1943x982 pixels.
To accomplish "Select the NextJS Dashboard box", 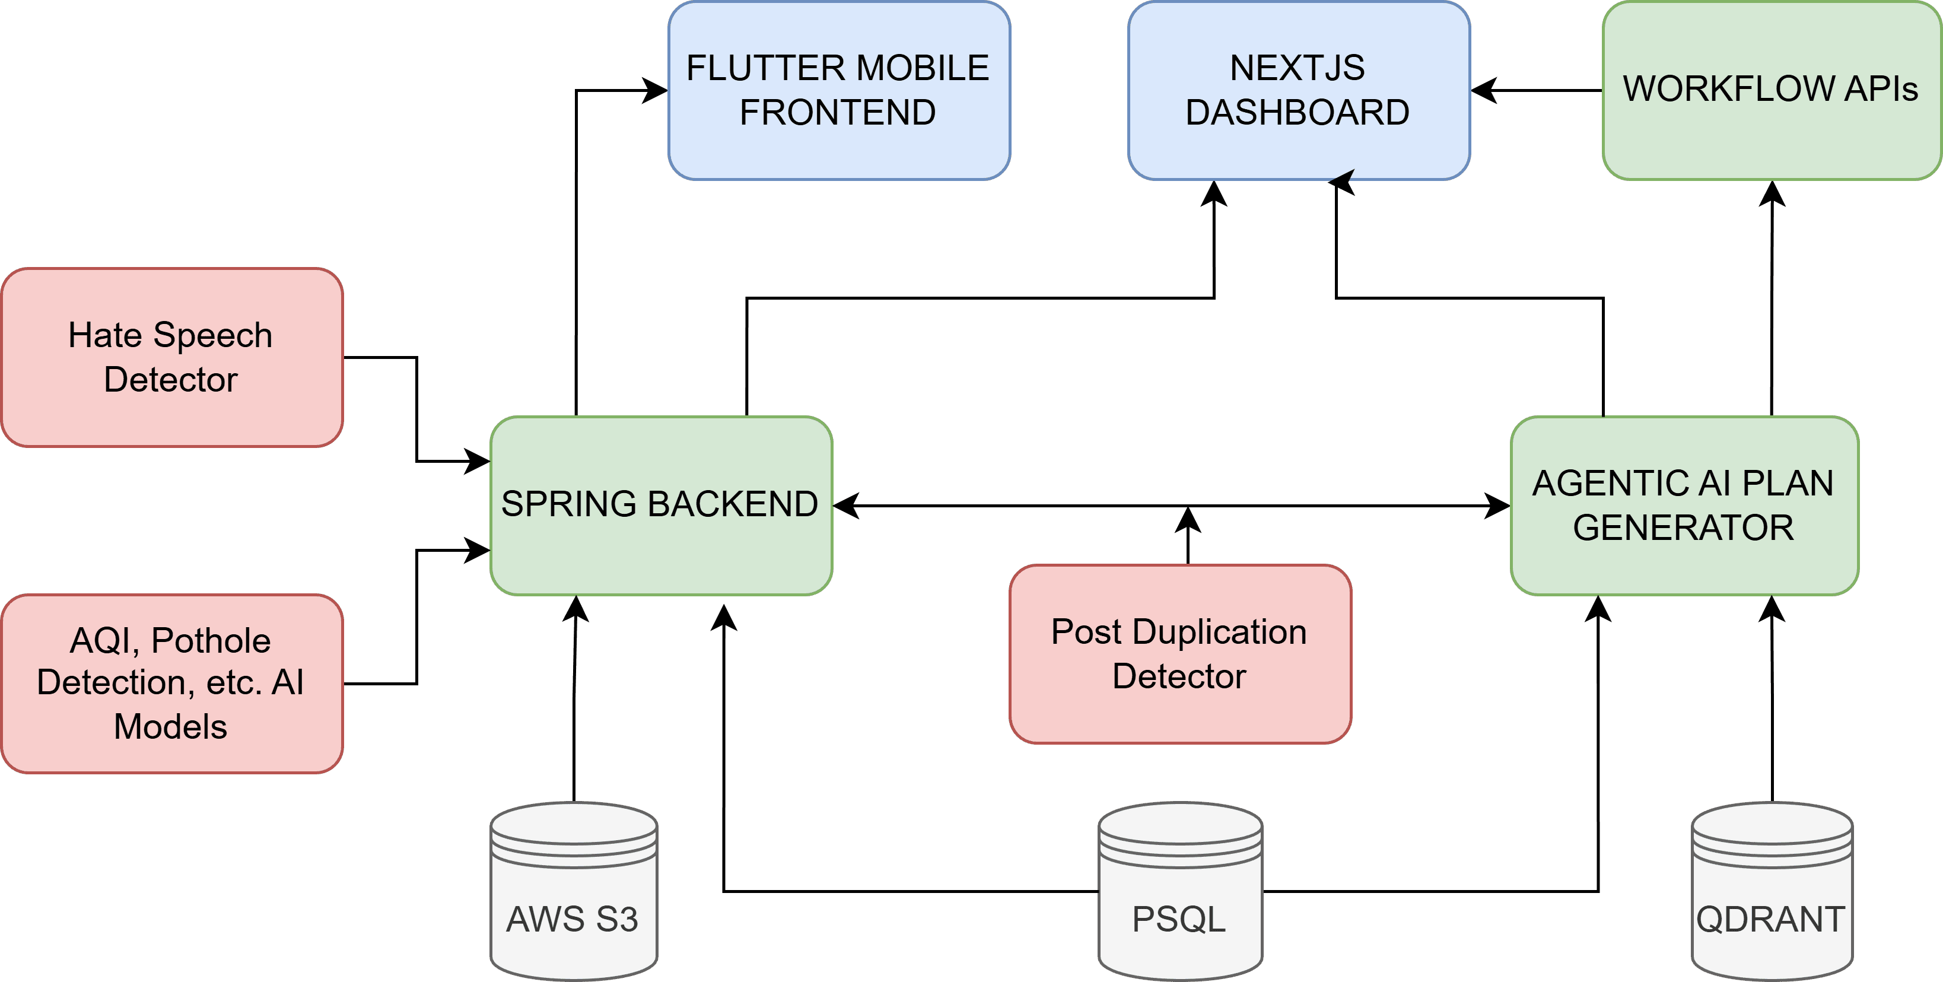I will point(1298,91).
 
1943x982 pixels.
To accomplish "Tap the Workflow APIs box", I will point(1770,91).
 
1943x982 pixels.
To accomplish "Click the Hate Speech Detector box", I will point(172,357).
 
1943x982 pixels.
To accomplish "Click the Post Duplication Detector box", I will point(1179,654).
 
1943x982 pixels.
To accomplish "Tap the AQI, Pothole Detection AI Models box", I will point(172,684).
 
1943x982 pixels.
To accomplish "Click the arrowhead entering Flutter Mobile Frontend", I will point(655,91).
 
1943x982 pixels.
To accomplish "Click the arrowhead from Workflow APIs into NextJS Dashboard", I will point(1484,91).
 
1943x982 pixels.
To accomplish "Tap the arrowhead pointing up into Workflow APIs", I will point(1772,194).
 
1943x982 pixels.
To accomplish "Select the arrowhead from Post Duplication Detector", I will point(1188,520).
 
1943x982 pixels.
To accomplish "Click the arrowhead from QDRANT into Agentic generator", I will point(1772,609).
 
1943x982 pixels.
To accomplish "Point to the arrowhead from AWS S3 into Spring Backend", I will point(575,609).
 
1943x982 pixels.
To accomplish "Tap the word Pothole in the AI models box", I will point(211,641).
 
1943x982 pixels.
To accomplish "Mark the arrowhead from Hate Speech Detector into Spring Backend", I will point(478,461).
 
